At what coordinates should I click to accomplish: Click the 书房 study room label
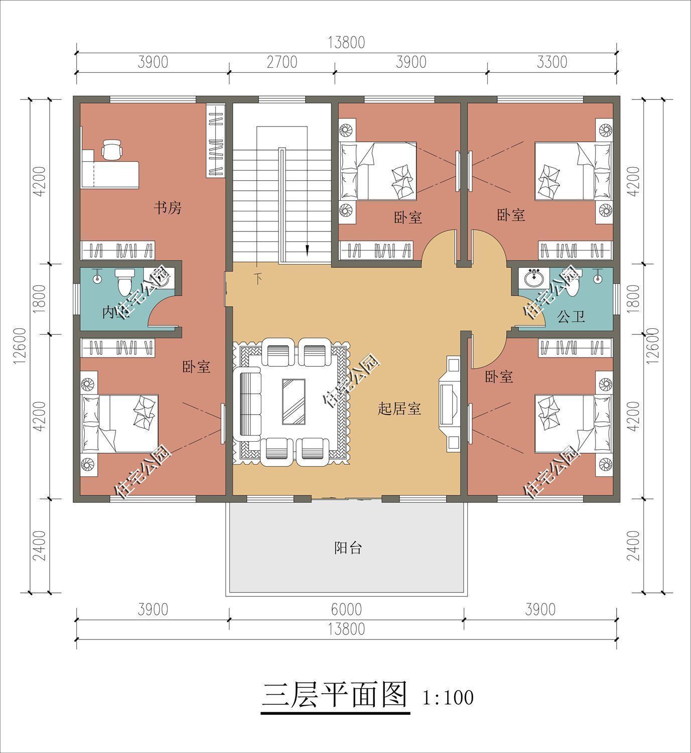click(x=167, y=208)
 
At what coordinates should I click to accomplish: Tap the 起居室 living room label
click(x=399, y=409)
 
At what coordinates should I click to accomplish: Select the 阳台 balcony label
click(x=348, y=548)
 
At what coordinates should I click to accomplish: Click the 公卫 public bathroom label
click(x=571, y=317)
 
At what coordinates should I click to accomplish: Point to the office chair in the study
click(x=111, y=149)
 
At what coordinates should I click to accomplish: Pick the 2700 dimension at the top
click(x=282, y=62)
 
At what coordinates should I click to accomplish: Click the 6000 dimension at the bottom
click(x=346, y=609)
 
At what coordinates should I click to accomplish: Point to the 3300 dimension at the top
click(x=551, y=62)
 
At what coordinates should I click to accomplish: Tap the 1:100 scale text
click(x=448, y=698)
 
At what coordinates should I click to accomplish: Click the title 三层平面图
click(x=335, y=696)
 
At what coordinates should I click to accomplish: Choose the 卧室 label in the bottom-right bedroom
click(x=499, y=376)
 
